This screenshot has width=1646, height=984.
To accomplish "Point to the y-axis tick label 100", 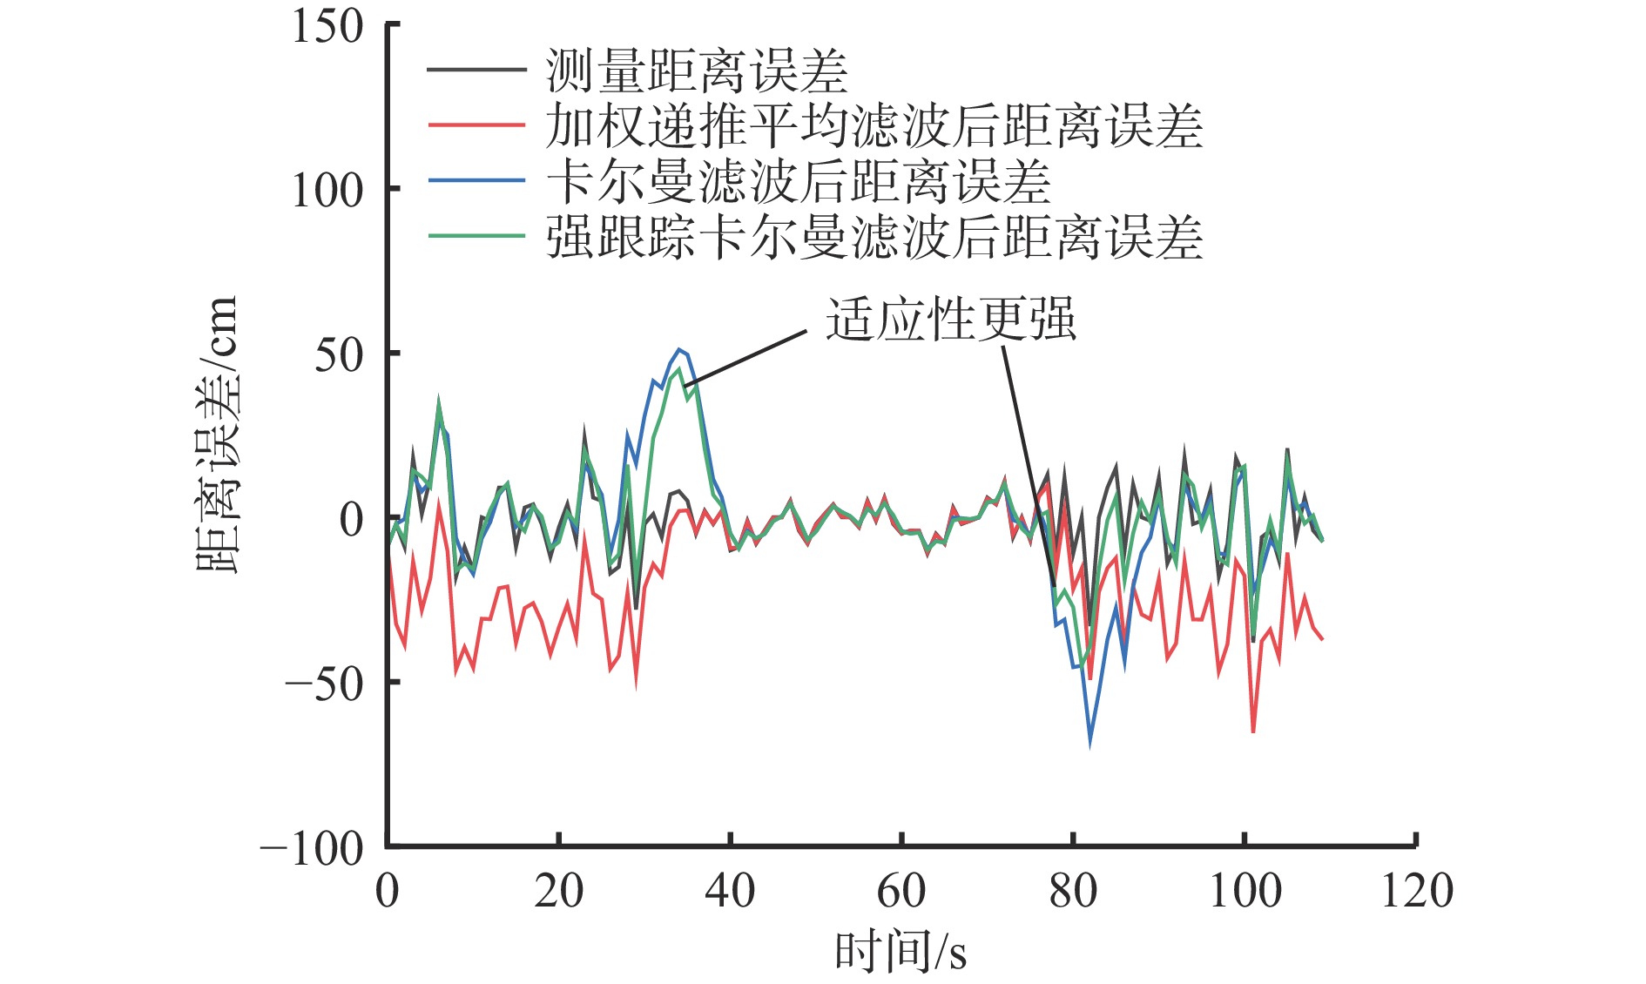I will click(327, 190).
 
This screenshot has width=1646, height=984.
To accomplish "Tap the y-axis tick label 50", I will click(338, 354).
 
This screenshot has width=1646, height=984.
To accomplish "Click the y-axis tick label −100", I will click(312, 848).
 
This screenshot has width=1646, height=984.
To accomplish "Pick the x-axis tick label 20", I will click(558, 891).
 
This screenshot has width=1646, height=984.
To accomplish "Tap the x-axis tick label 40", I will click(730, 891).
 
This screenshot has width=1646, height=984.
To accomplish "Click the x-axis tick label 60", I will click(901, 891).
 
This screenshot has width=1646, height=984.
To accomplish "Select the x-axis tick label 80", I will click(1073, 891).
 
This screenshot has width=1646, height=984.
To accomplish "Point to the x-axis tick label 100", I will click(1245, 891).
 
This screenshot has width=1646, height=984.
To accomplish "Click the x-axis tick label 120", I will click(1417, 891).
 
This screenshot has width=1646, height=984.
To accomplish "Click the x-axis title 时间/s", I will click(901, 951).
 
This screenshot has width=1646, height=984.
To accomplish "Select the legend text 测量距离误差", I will click(697, 71).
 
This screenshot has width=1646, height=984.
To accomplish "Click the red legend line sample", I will click(476, 125).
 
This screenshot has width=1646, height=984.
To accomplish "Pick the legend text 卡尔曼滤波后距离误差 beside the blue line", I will click(799, 182).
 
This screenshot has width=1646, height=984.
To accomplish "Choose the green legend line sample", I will click(476, 236).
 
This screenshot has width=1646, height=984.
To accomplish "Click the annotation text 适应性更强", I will click(951, 319).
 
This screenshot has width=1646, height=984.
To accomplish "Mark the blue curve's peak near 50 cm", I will click(680, 350).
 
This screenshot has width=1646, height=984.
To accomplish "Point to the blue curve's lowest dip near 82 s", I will click(1089, 743).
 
